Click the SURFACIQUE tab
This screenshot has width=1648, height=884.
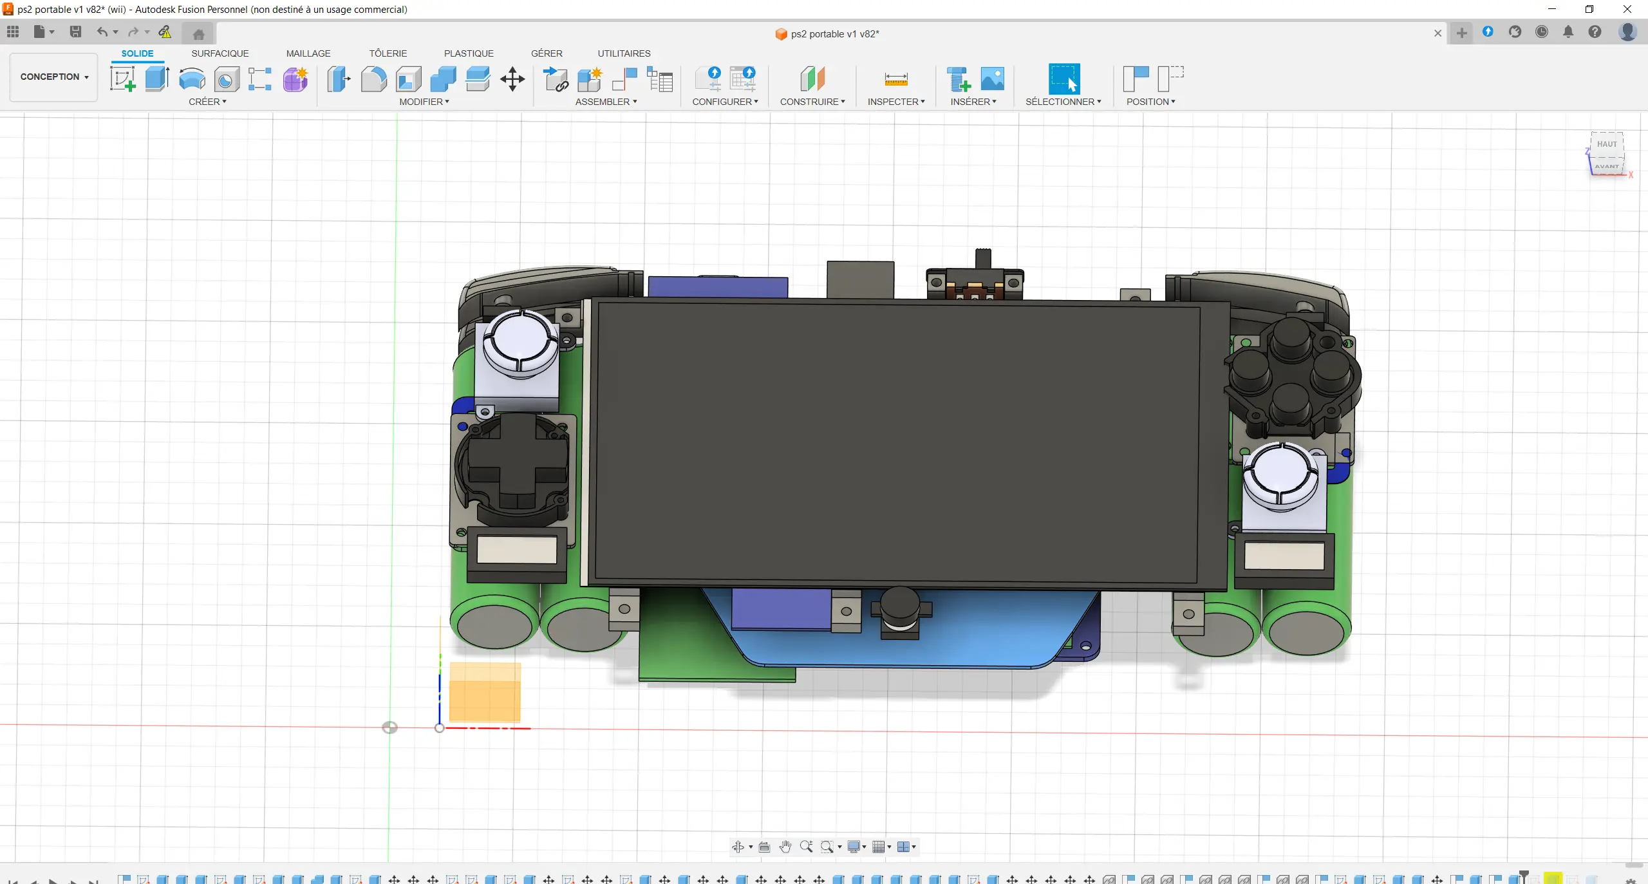220,53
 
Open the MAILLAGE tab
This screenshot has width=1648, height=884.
308,53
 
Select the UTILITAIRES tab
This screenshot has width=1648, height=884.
624,53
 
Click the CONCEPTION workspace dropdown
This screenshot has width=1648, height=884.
54,77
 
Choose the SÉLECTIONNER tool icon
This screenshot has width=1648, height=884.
1063,79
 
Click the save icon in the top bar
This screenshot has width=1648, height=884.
75,32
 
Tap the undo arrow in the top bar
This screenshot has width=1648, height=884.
102,32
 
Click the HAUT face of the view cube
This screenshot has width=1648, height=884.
1607,144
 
